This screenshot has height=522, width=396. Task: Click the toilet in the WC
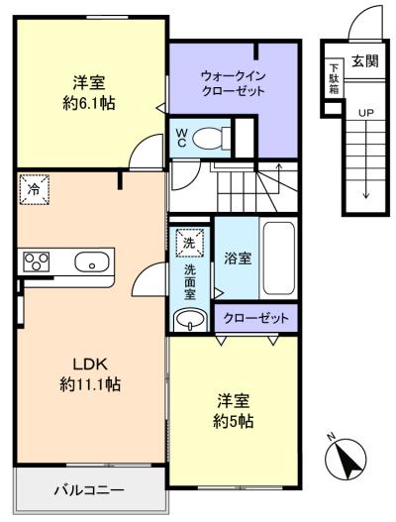point(211,137)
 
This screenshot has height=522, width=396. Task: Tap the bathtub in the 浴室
point(279,259)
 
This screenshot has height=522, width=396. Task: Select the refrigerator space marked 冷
point(35,189)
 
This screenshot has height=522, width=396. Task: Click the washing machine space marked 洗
point(189,243)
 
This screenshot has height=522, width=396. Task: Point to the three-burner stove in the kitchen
point(36,261)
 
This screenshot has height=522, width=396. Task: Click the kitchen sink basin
point(92,261)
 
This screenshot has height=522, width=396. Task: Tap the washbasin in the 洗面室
point(190,320)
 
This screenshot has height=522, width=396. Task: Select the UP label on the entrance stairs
point(365,113)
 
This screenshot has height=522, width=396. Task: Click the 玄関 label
point(365,61)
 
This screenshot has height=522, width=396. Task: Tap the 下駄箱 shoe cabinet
point(334,79)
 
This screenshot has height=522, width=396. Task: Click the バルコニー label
point(89,490)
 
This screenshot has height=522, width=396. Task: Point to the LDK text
point(90,365)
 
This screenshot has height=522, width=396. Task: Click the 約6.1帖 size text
point(89,104)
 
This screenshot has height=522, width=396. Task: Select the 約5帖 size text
point(233,421)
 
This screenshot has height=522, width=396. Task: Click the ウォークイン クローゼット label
point(233,83)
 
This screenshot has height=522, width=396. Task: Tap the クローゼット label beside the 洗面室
point(255,318)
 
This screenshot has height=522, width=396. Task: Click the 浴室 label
point(238,259)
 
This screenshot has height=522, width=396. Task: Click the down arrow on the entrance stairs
point(366,159)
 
